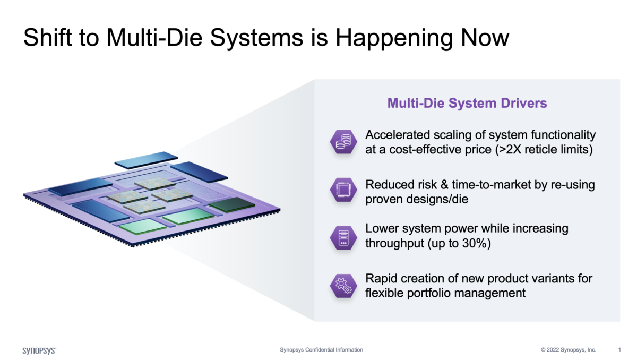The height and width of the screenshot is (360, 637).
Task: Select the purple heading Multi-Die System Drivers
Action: (x=467, y=103)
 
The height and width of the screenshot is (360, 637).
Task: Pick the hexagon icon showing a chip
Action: (x=343, y=190)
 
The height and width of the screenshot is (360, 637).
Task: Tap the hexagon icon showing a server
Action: (x=343, y=236)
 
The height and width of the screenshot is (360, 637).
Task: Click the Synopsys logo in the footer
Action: (x=39, y=350)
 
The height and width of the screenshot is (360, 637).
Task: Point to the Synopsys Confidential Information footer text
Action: (x=321, y=350)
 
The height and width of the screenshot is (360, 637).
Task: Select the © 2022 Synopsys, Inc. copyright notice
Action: (x=569, y=350)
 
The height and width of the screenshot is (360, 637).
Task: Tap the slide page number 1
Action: (x=619, y=350)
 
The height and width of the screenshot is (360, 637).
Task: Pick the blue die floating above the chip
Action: (x=146, y=160)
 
